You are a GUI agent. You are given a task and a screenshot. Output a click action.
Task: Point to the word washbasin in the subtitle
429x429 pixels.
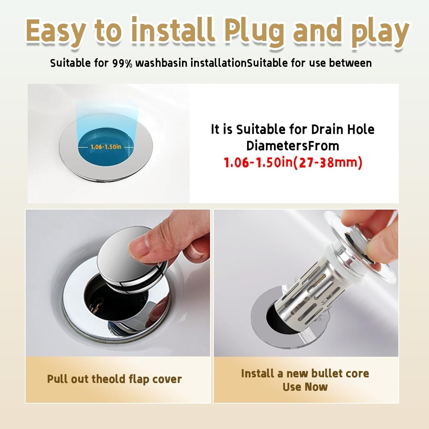coord(162,63)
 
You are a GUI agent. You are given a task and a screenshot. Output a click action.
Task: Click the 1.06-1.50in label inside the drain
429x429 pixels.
coord(106,147)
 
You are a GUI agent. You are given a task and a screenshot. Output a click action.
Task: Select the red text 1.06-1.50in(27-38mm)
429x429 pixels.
coord(293,162)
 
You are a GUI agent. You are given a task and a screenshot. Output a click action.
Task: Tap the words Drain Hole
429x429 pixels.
coord(343,129)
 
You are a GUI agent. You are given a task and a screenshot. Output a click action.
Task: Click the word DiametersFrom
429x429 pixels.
coord(292,146)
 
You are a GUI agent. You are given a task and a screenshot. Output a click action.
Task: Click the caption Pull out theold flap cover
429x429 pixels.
coord(114,379)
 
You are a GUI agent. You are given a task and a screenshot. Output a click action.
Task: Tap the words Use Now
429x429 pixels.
coord(305,387)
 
